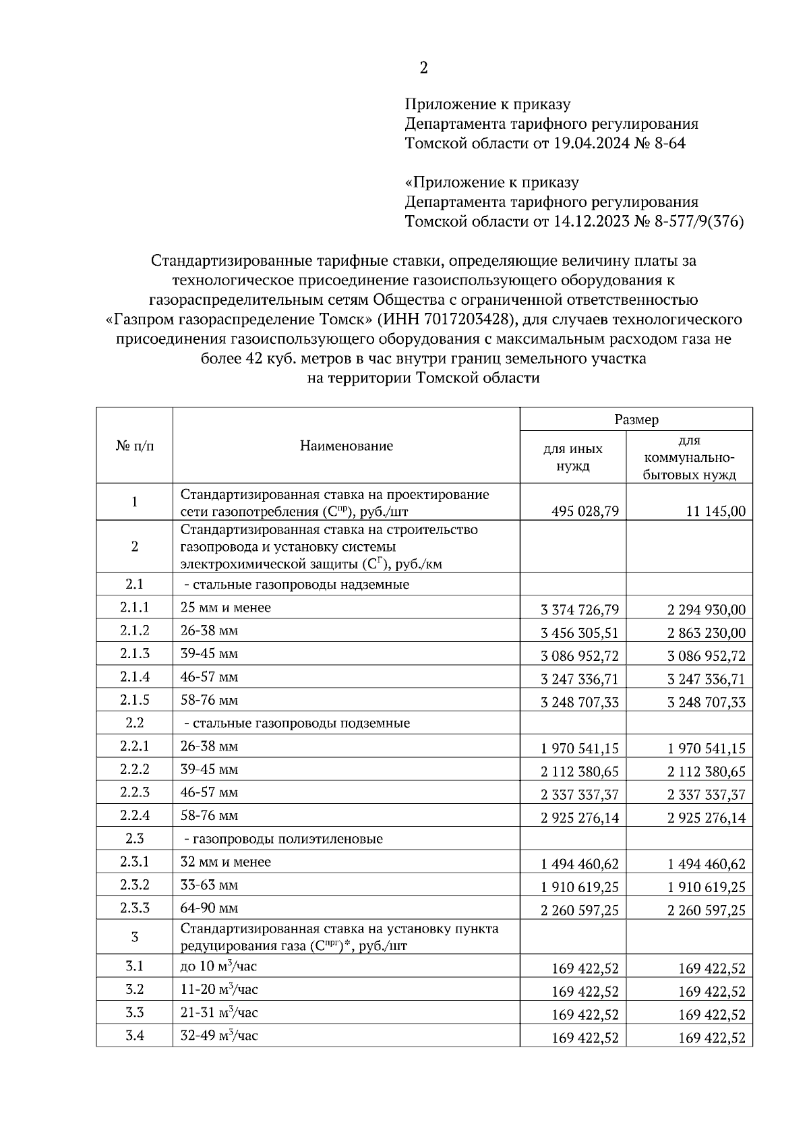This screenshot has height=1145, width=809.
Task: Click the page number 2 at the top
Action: [423, 67]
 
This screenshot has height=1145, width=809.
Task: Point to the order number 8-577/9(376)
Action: [698, 221]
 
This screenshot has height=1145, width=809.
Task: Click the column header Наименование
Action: [346, 446]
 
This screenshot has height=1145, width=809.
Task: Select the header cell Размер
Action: [636, 419]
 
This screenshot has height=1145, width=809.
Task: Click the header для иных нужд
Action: [573, 457]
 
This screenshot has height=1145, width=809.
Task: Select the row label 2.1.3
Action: [135, 653]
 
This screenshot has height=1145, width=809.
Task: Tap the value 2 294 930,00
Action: [707, 610]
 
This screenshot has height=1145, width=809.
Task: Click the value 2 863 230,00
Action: [707, 633]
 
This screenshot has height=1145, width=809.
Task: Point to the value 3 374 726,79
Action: [579, 610]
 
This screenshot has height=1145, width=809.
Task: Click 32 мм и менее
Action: [225, 862]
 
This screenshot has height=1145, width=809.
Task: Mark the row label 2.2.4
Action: [135, 816]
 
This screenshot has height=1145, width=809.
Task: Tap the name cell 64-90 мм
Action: [209, 908]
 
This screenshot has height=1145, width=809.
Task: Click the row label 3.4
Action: [135, 1035]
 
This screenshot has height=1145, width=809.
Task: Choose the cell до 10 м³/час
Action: [218, 966]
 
